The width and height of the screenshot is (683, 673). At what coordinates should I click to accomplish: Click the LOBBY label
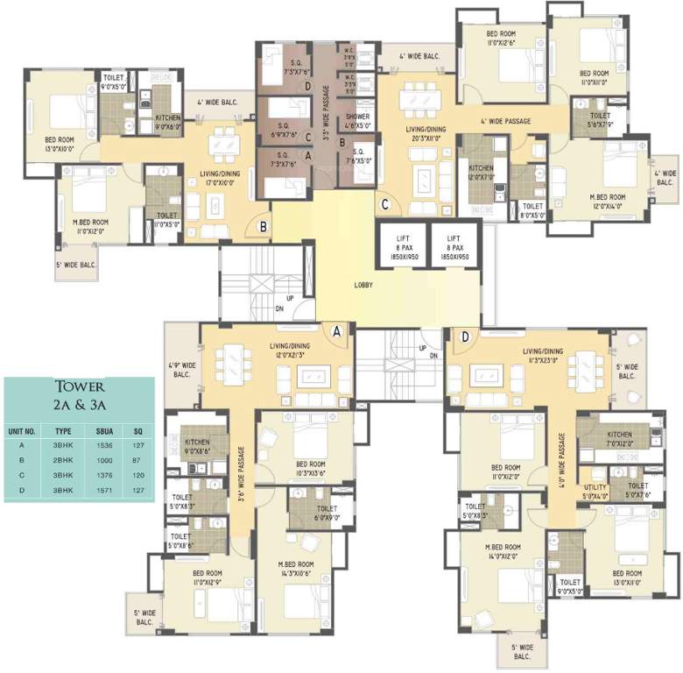coord(363,285)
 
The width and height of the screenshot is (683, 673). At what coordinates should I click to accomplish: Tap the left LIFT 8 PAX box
coord(400,244)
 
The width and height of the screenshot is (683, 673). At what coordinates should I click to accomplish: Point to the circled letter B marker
coord(263,227)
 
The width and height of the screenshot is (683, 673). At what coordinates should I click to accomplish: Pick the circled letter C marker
coord(384,207)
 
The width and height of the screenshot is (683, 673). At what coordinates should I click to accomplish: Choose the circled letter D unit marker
coord(465,336)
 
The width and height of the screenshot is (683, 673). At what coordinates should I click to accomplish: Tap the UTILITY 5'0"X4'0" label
coord(595,492)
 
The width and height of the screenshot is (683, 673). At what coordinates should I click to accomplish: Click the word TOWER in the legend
coord(80,386)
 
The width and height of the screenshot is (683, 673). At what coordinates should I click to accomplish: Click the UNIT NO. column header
coord(22,431)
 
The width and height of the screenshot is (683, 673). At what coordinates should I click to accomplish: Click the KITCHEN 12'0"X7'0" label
coord(481,173)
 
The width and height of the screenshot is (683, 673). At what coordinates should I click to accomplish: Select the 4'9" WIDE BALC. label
coord(182,368)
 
